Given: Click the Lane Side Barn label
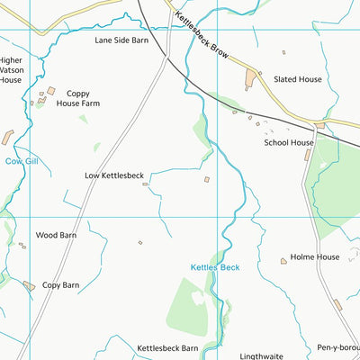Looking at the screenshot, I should [x=121, y=40].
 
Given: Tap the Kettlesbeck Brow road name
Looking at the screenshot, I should [x=202, y=35].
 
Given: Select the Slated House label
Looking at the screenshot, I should [x=299, y=80].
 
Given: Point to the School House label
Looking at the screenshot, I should [x=289, y=142].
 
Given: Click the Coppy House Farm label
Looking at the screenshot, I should [x=77, y=98].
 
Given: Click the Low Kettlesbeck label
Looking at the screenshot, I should [x=114, y=175].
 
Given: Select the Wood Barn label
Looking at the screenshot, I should [x=56, y=235].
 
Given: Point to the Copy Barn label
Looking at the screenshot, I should [x=60, y=285].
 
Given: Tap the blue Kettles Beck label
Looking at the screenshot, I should [x=215, y=267].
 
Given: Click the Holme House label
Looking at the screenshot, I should [x=315, y=257].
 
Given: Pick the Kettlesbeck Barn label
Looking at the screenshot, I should [x=167, y=347].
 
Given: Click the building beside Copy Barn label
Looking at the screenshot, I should [x=29, y=285].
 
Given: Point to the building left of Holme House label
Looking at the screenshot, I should [x=283, y=261].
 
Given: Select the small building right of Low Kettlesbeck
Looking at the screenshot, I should [x=207, y=179].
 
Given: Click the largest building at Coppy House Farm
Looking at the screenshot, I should [x=51, y=91].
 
